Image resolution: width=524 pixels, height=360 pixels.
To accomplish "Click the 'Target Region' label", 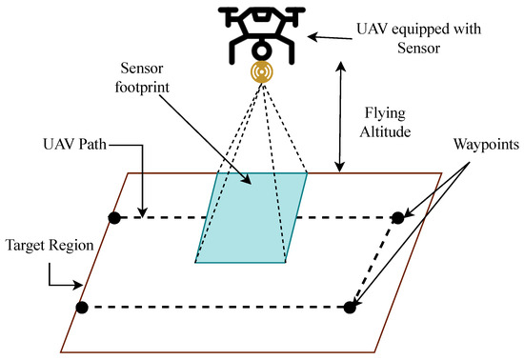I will coord(49,244).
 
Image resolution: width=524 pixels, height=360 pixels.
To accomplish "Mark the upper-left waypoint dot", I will coord(113,218).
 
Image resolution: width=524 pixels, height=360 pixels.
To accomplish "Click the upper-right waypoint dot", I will coord(398,218).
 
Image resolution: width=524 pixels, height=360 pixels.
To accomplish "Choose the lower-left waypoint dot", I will coord(82,307).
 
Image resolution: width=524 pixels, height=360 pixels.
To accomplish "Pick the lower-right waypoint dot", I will coord(350,307).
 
